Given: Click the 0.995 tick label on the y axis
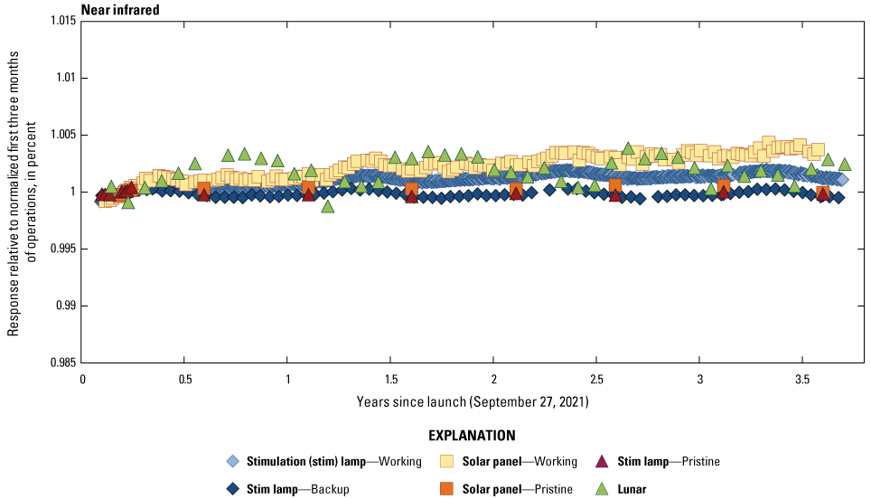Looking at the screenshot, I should click(x=62, y=249).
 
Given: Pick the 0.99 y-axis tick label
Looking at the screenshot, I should click(x=66, y=306).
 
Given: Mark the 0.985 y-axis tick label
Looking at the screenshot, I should click(x=62, y=362).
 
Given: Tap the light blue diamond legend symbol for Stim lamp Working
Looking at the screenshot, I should click(x=233, y=461).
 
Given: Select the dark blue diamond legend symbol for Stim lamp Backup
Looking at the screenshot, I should click(x=233, y=488).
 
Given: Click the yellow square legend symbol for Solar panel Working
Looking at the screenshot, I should click(x=445, y=461).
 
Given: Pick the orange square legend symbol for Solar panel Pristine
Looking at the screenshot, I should click(x=445, y=488).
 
